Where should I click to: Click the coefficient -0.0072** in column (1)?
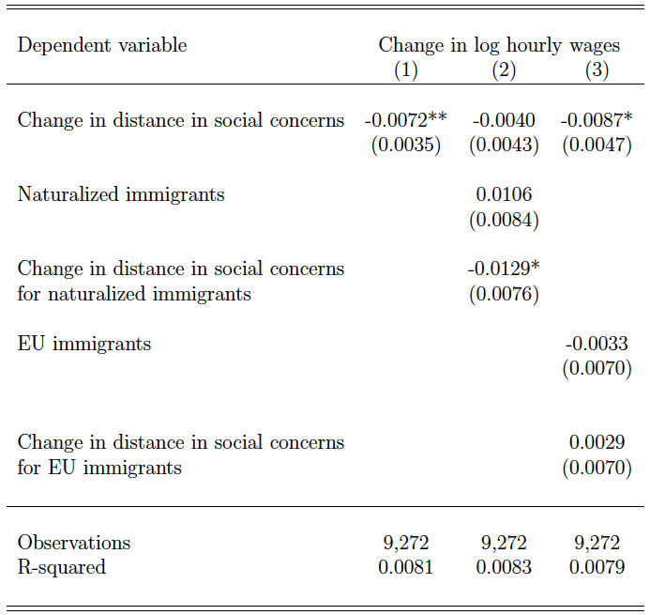click(406, 120)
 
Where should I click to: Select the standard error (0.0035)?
click(406, 145)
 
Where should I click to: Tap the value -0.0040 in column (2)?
click(504, 120)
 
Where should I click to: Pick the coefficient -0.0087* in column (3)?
click(597, 120)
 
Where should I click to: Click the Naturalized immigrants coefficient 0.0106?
click(504, 194)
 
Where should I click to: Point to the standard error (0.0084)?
click(504, 220)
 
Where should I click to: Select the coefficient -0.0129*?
click(504, 269)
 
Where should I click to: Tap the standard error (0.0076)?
click(504, 294)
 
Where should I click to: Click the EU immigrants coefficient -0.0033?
click(597, 344)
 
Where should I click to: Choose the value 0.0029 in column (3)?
click(597, 442)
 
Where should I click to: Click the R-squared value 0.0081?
click(406, 567)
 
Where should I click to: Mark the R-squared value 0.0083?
click(504, 567)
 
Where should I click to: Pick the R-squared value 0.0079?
click(597, 567)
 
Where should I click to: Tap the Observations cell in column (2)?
click(504, 543)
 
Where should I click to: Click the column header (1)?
click(406, 69)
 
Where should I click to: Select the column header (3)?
click(597, 69)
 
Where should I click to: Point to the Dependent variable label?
click(102, 46)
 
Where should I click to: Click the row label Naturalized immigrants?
click(121, 195)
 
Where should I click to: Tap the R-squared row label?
click(61, 568)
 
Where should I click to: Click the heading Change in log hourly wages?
click(499, 46)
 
